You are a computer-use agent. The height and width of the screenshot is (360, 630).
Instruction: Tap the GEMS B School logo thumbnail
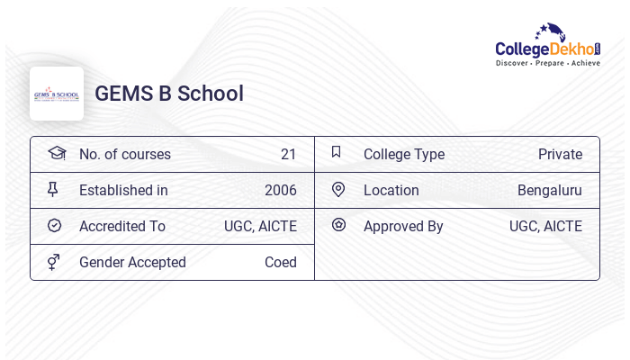pos(57,94)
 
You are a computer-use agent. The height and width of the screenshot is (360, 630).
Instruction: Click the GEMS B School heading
pos(169,94)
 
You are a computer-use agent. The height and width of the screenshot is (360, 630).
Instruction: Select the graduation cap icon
pos(56,153)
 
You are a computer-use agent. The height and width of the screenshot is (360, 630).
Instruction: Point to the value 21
pos(288,154)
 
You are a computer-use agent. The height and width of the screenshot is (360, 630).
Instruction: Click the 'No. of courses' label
pos(125,154)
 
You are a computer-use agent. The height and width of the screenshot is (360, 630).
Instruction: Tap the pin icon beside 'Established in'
pos(53,189)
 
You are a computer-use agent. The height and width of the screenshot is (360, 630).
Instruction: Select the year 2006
pos(280,190)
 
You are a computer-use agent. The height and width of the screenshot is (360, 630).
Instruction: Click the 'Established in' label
pos(123,190)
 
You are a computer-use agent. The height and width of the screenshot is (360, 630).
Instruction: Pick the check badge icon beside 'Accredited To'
pos(54,225)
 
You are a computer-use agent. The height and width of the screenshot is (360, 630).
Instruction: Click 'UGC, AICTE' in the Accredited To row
pos(260,226)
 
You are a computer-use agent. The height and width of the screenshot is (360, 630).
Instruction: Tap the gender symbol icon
pos(54,261)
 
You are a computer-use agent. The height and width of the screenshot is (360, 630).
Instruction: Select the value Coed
pos(280,262)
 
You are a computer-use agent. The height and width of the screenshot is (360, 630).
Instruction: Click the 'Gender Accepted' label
pos(132,262)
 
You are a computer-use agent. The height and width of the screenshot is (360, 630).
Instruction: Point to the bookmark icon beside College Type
pos(337,152)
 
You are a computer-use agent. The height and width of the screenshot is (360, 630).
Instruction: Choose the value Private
pos(560,154)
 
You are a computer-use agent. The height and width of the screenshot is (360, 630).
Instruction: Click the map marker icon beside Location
pos(338,189)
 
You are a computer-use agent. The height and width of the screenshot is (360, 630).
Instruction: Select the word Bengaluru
pos(549,190)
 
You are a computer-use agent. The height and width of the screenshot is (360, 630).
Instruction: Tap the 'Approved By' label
pos(403,226)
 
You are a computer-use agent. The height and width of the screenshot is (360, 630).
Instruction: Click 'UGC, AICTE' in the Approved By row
pos(545,226)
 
